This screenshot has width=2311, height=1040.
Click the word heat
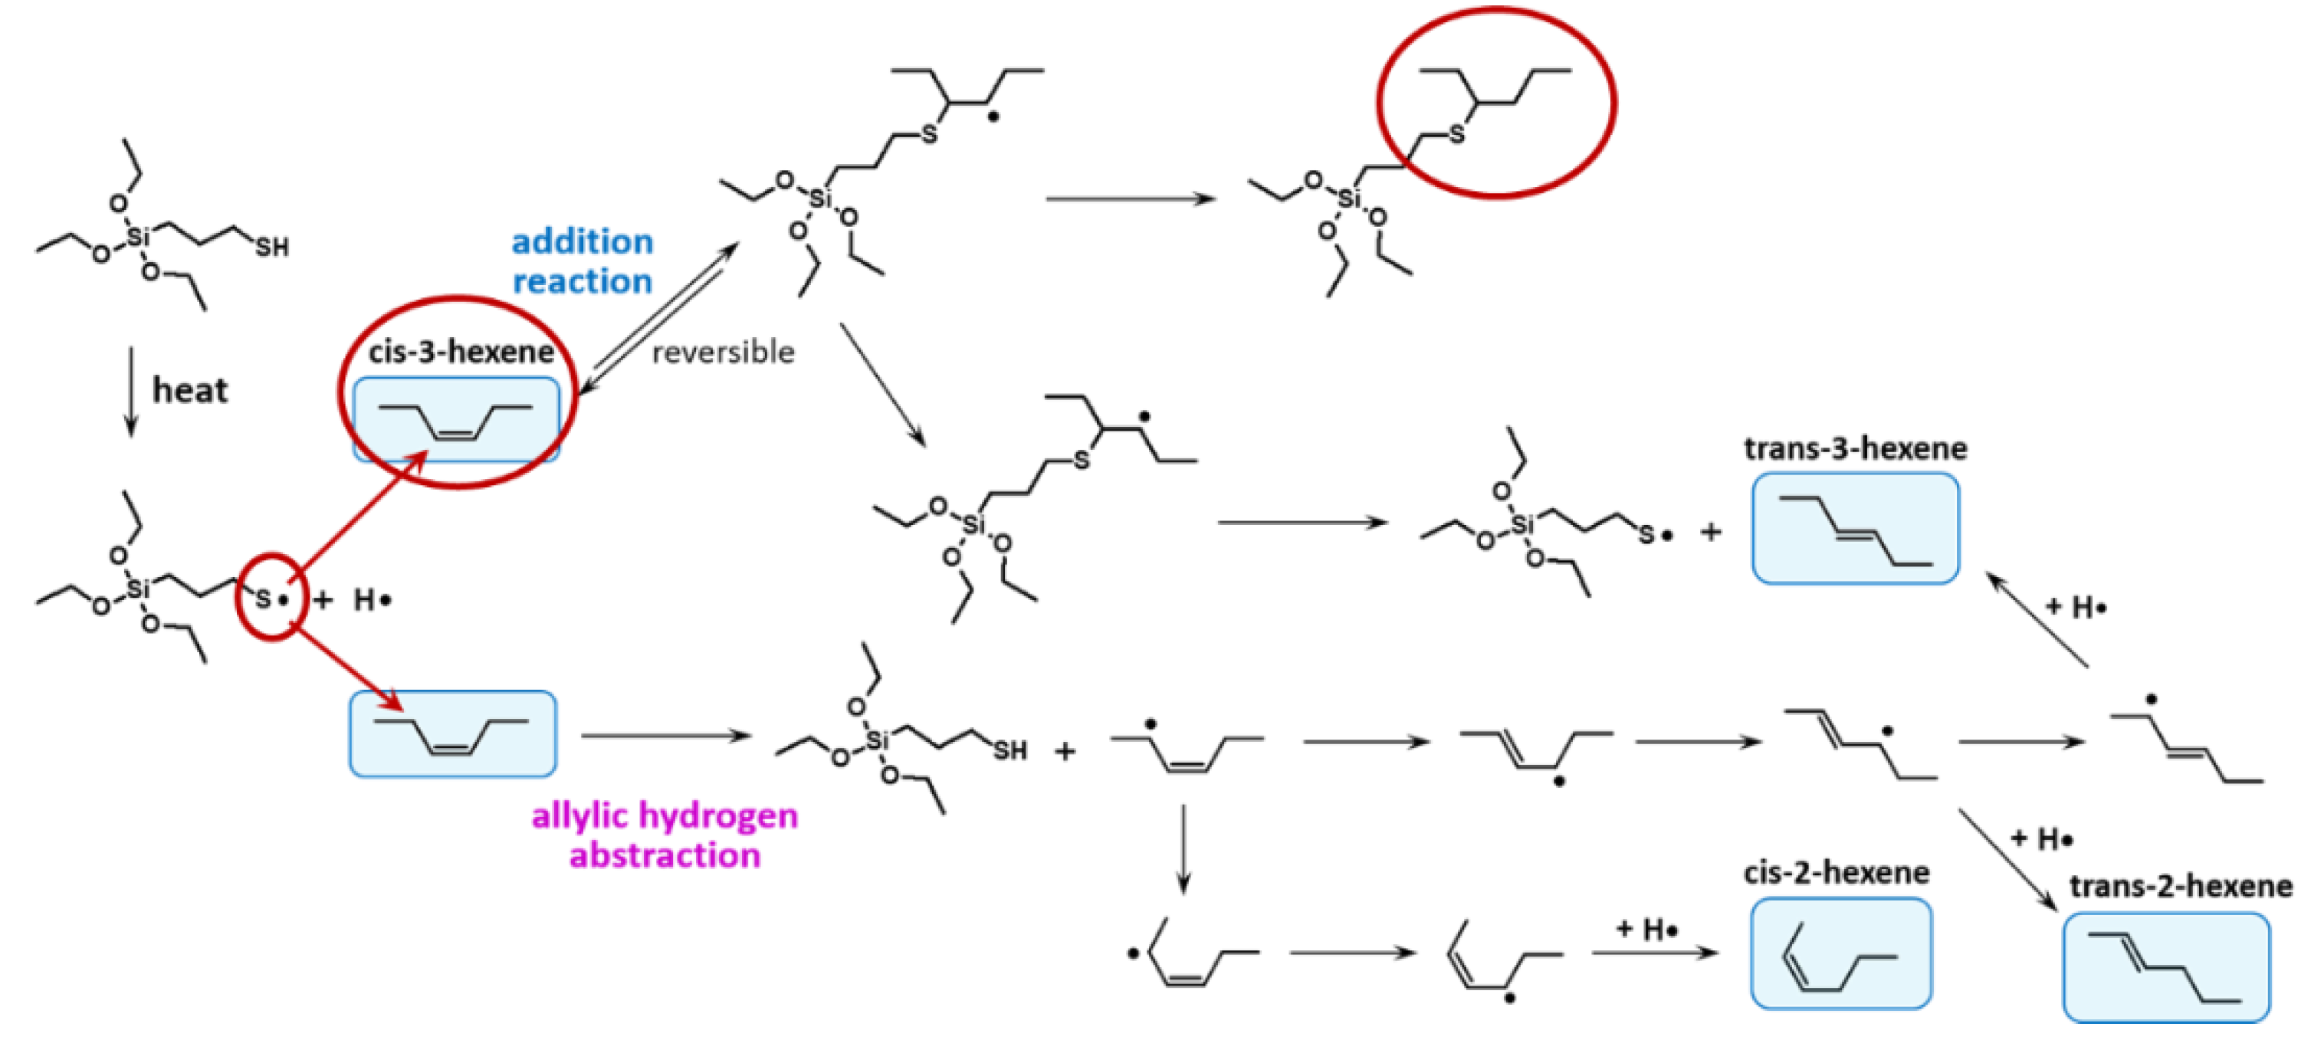point(190,390)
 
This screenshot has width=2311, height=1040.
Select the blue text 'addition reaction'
point(583,261)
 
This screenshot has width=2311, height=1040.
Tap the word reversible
point(722,353)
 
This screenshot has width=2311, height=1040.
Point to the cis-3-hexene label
point(461,351)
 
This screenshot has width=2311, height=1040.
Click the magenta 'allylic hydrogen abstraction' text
point(665,835)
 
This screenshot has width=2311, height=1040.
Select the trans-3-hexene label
point(1854,448)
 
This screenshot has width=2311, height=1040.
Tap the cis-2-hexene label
point(1836,872)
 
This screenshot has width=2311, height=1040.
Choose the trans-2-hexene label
point(2180,887)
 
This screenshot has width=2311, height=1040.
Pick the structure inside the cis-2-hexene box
point(1839,956)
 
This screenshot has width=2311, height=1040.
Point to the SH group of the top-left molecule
point(272,247)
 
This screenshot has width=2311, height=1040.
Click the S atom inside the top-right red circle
point(1456,135)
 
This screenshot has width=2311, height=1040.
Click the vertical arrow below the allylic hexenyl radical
point(1183,848)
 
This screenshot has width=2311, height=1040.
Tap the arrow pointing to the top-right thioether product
point(1131,198)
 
